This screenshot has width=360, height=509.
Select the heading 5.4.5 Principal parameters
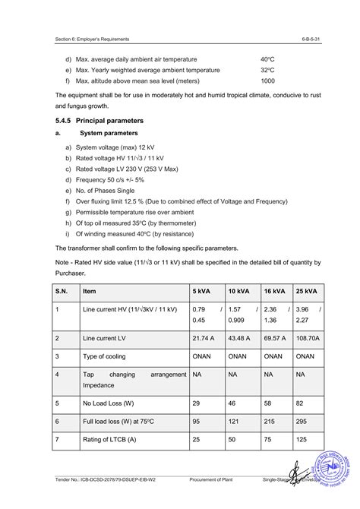tap(98, 121)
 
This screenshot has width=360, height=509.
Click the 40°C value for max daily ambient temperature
tap(267, 58)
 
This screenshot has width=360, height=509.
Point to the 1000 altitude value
tap(268, 81)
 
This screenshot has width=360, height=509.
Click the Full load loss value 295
tap(302, 420)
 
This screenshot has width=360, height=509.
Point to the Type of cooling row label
tap(109, 355)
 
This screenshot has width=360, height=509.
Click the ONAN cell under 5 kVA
tap(202, 355)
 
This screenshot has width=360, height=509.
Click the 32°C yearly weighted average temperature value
tap(267, 70)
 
